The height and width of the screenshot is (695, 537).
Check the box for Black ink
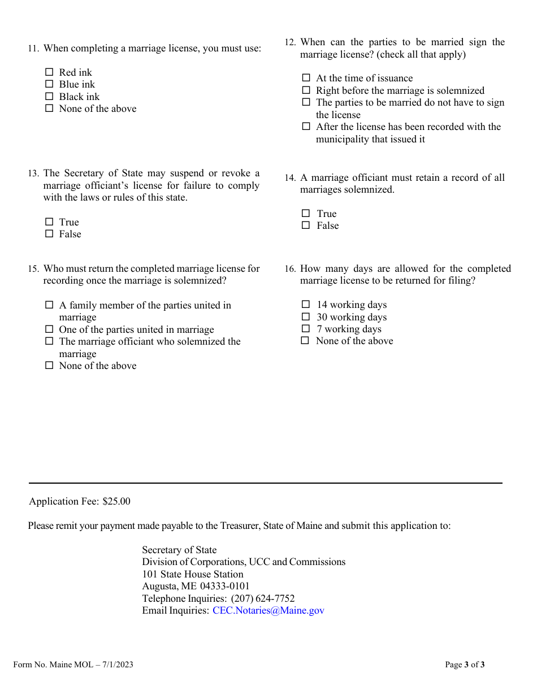(x=49, y=97)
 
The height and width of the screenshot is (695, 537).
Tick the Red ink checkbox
(x=49, y=72)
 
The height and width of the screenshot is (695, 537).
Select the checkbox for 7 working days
(x=306, y=329)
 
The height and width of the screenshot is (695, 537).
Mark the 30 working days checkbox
(x=306, y=317)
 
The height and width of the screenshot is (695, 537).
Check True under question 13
(x=49, y=222)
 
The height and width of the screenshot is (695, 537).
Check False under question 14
(x=306, y=225)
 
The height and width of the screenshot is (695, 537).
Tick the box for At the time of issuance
(x=306, y=78)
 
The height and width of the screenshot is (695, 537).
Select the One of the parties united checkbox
(x=49, y=329)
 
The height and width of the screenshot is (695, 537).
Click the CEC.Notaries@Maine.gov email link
(x=268, y=610)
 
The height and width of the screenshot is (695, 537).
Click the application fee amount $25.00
(x=116, y=501)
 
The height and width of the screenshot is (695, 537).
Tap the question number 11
(x=33, y=49)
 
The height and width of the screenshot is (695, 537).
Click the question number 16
(x=290, y=270)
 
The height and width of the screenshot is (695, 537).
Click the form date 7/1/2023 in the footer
(x=118, y=664)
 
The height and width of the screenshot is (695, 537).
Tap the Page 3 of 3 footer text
(x=465, y=664)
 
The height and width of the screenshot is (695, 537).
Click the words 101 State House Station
(x=192, y=574)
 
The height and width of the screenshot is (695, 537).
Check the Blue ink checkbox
(x=49, y=84)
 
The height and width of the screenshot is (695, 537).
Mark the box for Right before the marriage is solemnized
(x=306, y=90)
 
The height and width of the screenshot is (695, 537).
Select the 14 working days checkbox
(x=306, y=305)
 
